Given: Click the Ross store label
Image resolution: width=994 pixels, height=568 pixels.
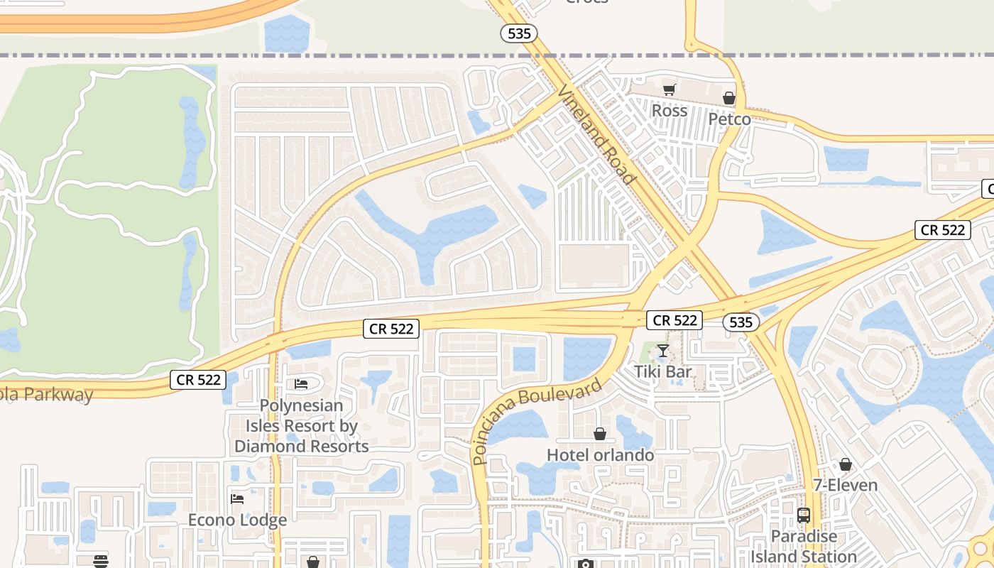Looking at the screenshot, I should point(669,111).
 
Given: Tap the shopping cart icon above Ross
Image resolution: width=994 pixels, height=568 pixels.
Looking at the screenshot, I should point(669,89).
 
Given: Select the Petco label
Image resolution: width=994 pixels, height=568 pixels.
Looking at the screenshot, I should point(729,119).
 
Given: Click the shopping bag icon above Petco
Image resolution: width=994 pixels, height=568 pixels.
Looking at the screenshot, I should point(729,98).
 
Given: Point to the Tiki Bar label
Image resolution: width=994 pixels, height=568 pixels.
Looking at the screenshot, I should point(662,371).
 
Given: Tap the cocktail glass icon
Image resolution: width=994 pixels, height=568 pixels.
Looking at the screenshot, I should point(662,350).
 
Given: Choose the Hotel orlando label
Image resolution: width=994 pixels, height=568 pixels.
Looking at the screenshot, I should point(600,454).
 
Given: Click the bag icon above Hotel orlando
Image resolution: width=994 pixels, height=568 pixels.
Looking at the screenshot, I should point(600,434).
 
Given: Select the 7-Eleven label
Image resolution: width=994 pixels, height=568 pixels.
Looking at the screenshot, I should point(845,486).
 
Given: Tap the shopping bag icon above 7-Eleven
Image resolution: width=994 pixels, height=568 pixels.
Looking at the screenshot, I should point(845,464).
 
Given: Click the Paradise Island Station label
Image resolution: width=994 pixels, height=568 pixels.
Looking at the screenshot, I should point(804,546).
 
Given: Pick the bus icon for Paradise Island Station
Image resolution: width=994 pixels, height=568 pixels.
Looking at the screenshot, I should point(804,515).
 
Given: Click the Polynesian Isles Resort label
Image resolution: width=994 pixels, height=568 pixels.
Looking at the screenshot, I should point(301,426).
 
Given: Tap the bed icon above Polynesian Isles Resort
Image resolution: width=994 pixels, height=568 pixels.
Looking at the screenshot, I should point(301,384).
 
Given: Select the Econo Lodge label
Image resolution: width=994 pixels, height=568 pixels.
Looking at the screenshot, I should point(237,520).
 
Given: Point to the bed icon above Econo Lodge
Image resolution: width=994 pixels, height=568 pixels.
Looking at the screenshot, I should point(237,498).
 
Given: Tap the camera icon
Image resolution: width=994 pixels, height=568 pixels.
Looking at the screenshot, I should point(585,564).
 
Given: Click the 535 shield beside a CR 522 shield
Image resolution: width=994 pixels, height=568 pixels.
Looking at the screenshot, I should point(741,322).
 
